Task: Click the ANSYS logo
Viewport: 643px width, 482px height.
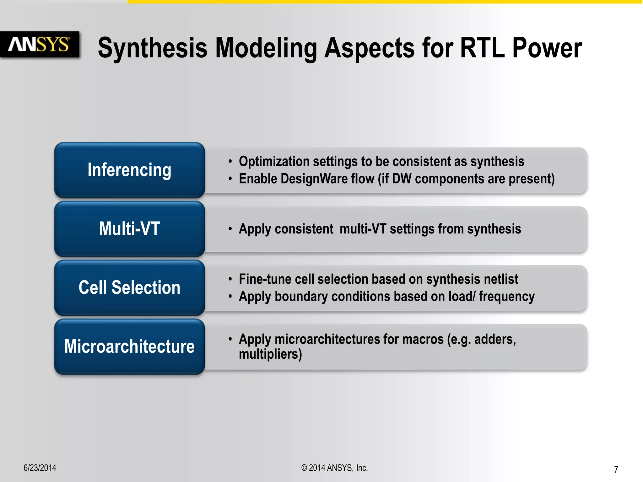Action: click(x=39, y=44)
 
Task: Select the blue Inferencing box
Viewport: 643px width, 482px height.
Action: click(x=129, y=170)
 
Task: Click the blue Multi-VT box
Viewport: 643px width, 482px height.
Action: click(x=129, y=228)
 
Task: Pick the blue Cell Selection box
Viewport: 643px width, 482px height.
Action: click(x=129, y=287)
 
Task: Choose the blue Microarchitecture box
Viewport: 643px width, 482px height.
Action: click(x=129, y=346)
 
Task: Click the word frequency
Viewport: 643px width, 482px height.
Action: click(x=506, y=296)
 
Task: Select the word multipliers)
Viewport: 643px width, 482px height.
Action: click(x=270, y=354)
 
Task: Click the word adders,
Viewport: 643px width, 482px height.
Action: click(x=495, y=339)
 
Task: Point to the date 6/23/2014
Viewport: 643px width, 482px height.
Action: click(x=40, y=468)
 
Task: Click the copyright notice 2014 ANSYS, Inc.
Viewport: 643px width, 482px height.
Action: click(x=334, y=468)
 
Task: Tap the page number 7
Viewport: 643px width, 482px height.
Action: click(x=616, y=469)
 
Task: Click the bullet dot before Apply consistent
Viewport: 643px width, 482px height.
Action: click(x=230, y=229)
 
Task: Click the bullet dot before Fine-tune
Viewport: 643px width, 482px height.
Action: click(x=230, y=279)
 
